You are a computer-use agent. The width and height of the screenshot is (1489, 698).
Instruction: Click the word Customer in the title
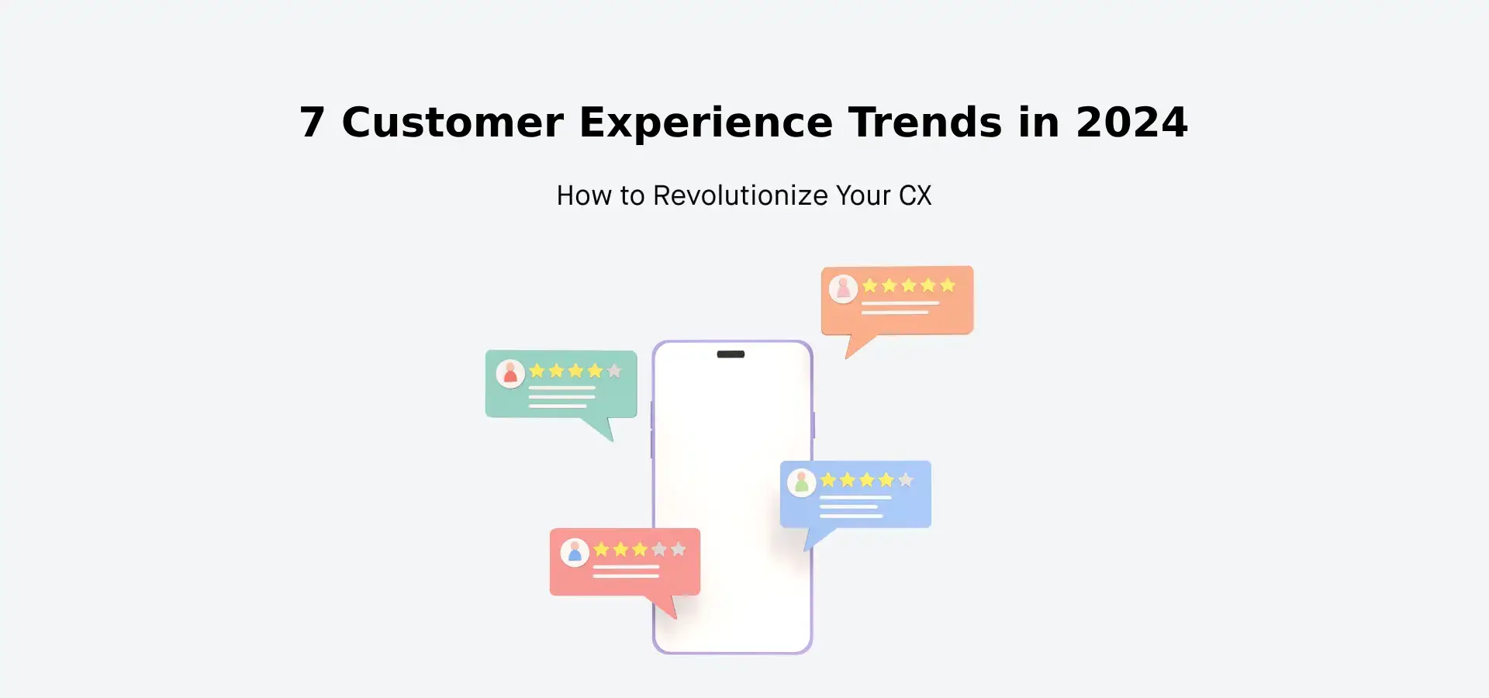click(x=452, y=123)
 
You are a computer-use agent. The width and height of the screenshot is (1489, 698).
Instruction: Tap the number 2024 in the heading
click(x=1131, y=123)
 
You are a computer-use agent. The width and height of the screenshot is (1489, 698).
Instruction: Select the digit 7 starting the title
click(x=312, y=123)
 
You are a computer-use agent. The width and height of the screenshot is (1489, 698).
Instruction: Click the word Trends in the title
click(x=924, y=123)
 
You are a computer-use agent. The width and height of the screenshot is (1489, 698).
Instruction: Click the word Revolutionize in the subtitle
click(x=741, y=195)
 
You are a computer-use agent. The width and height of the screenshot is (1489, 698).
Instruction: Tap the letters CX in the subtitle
click(x=915, y=195)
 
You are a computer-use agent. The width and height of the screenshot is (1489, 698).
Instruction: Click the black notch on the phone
click(x=731, y=354)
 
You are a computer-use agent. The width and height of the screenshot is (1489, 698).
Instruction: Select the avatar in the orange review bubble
click(x=843, y=289)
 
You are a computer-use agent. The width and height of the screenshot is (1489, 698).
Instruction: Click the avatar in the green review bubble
click(x=510, y=374)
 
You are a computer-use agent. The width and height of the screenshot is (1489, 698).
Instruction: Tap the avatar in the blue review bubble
click(x=802, y=483)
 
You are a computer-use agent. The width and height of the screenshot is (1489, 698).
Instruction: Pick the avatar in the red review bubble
click(x=575, y=552)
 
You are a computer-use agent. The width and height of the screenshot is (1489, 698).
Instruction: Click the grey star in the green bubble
click(x=614, y=371)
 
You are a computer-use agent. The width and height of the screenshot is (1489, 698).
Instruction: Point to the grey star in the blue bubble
click(x=905, y=480)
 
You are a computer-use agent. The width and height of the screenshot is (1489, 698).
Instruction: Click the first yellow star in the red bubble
click(x=601, y=549)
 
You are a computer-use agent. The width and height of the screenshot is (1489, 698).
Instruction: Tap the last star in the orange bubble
click(x=947, y=285)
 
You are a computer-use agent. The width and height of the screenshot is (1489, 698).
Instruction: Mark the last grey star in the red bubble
click(x=678, y=549)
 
